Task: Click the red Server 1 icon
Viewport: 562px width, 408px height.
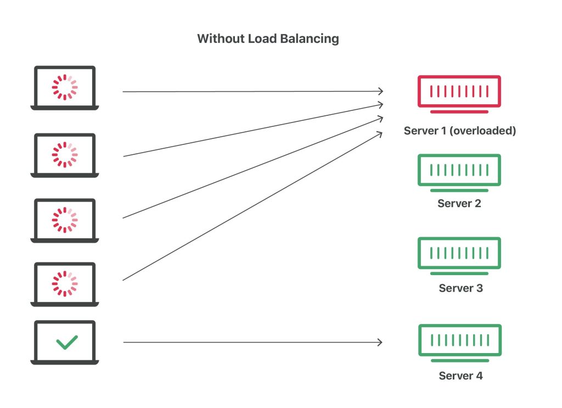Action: [459, 94]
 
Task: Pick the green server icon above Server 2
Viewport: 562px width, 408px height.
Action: [459, 173]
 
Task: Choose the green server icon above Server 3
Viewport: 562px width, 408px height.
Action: [459, 256]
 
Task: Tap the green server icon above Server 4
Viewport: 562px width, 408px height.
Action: [460, 343]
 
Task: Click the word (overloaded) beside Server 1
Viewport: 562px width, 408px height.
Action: [482, 131]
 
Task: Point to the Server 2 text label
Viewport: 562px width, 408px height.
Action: [459, 203]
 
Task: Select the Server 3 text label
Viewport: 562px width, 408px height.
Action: [461, 288]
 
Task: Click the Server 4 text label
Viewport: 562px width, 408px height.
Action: [461, 376]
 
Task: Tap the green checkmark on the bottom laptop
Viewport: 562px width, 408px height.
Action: [67, 343]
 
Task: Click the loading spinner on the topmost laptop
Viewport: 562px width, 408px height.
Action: [65, 87]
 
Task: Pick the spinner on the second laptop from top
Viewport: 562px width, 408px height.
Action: [65, 155]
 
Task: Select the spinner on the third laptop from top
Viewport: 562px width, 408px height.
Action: [65, 220]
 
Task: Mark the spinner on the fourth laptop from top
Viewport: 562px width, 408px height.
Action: [65, 283]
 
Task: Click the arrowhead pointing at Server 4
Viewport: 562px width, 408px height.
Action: [380, 343]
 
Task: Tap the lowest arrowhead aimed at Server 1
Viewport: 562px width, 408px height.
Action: [379, 134]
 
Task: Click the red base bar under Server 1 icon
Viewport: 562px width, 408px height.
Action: [459, 112]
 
